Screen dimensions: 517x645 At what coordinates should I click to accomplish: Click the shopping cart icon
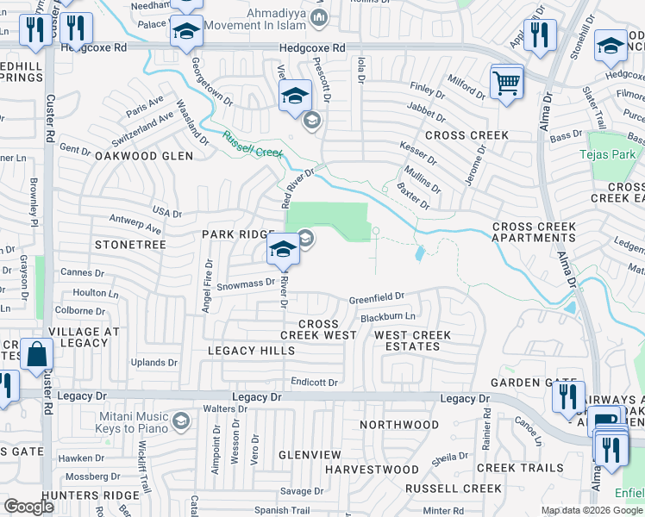pyautogui.click(x=506, y=83)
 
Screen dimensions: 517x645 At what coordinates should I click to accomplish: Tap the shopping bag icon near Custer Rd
pyautogui.click(x=37, y=354)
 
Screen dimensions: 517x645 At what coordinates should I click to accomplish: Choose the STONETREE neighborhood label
pyautogui.click(x=130, y=245)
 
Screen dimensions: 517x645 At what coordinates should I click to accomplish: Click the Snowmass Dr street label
pyautogui.click(x=245, y=283)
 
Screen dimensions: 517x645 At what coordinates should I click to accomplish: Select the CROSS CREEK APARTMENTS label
pyautogui.click(x=534, y=232)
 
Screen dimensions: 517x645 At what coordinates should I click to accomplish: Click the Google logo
pyautogui.click(x=29, y=507)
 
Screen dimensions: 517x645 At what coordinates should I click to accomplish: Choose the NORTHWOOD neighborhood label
pyautogui.click(x=399, y=425)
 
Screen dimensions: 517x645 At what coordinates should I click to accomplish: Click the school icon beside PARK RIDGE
pyautogui.click(x=283, y=251)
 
